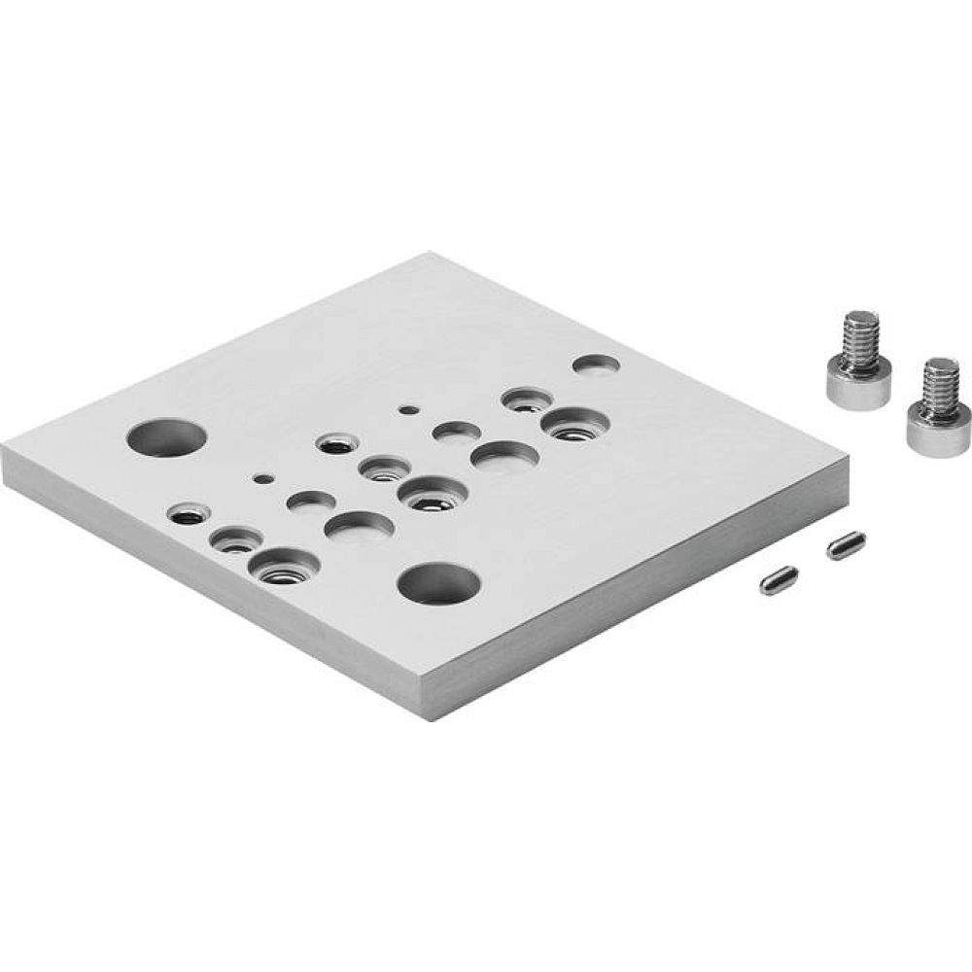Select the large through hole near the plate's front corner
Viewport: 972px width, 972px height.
tap(439, 583)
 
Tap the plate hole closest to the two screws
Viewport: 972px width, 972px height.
tap(596, 365)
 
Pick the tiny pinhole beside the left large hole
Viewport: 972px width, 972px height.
tap(260, 478)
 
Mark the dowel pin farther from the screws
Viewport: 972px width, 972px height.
tap(779, 581)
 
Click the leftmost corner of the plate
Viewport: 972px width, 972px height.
tap(5, 457)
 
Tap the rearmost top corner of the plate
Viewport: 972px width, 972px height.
tap(428, 255)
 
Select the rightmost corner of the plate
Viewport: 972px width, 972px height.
tap(851, 467)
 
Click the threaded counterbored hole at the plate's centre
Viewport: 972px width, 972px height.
tap(428, 494)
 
